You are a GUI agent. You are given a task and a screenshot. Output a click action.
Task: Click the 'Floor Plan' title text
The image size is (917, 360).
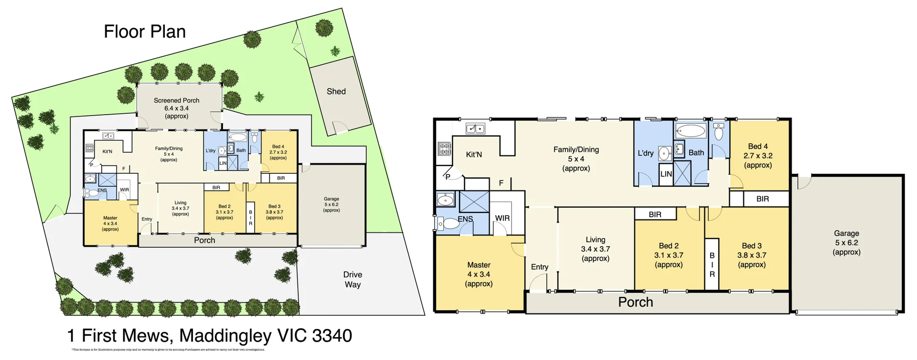point(145,32)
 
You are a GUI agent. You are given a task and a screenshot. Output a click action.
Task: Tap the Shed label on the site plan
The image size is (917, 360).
point(336,92)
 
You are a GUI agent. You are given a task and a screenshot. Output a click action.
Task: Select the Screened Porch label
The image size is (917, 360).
point(177,108)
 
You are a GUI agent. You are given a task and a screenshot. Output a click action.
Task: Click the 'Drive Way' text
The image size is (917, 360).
point(352,279)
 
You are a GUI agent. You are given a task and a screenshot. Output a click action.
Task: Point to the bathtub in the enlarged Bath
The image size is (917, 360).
point(691,131)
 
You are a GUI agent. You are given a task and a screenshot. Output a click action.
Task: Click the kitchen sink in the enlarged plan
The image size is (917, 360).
point(475,128)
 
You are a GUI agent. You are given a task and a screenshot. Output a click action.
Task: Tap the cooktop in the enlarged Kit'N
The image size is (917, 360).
point(444,149)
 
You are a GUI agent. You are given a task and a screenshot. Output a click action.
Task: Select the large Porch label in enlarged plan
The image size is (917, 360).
point(635,302)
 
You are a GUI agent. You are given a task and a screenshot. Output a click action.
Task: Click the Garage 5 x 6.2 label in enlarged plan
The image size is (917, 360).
point(846,243)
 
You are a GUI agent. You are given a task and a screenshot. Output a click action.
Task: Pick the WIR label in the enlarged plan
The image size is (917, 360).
point(502,218)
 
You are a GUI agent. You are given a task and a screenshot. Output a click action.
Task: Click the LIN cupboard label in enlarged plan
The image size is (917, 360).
point(666,174)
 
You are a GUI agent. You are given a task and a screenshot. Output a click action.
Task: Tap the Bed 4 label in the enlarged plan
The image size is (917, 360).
point(758,156)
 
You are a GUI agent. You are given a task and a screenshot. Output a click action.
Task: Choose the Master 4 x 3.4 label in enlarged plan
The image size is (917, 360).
point(479,274)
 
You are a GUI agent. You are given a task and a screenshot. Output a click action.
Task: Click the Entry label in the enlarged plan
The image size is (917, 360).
point(540,267)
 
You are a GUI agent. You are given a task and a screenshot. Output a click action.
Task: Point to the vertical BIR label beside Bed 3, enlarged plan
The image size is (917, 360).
point(712,265)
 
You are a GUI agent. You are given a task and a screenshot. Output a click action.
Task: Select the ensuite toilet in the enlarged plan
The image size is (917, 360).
point(449,223)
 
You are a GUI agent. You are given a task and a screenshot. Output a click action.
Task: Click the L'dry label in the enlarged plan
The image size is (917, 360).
point(646,153)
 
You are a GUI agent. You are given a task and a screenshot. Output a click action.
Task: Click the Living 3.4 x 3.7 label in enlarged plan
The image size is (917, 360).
point(595,249)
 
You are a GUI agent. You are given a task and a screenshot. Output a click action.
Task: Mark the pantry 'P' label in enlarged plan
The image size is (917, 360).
point(448,177)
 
